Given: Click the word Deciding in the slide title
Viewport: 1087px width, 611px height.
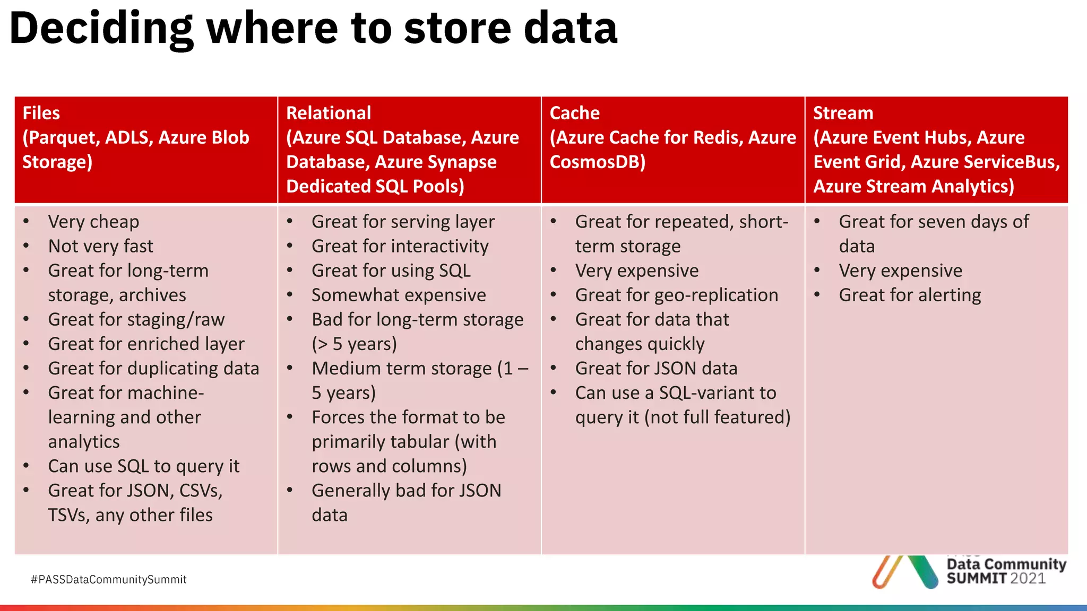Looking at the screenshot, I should (101, 29).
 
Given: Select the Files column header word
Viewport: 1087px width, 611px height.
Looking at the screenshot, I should (41, 113).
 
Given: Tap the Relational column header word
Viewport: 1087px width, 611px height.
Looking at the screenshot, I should (328, 113).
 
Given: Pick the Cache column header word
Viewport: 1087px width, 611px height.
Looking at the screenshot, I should (574, 113).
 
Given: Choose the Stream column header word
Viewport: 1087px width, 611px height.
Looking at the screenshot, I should (843, 113).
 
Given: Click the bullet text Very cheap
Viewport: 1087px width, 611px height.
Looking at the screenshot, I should (93, 222).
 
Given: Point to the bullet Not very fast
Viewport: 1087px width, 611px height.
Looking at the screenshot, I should (100, 246).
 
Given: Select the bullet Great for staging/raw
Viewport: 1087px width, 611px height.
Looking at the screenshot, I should (136, 319).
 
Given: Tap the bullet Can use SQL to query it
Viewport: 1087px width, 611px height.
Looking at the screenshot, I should (143, 466).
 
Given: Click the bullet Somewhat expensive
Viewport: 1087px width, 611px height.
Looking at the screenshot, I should (399, 295).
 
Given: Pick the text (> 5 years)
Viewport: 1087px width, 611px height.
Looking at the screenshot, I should (354, 344).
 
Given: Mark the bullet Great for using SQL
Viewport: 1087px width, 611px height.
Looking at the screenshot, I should (391, 270).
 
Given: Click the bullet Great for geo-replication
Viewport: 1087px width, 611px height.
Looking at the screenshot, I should (676, 295).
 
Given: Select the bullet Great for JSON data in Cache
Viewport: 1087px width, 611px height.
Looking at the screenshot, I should (656, 369).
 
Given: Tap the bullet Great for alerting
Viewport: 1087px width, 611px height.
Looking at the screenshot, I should (909, 295).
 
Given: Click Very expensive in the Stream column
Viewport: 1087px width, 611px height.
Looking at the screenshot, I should (900, 270).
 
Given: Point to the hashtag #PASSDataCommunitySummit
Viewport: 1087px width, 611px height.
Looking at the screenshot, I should (109, 580).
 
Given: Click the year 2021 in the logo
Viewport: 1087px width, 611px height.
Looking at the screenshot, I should (1028, 579).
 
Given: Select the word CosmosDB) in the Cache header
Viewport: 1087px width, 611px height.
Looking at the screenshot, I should (597, 162).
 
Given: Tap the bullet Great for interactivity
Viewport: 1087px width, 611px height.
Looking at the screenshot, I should (400, 246).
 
